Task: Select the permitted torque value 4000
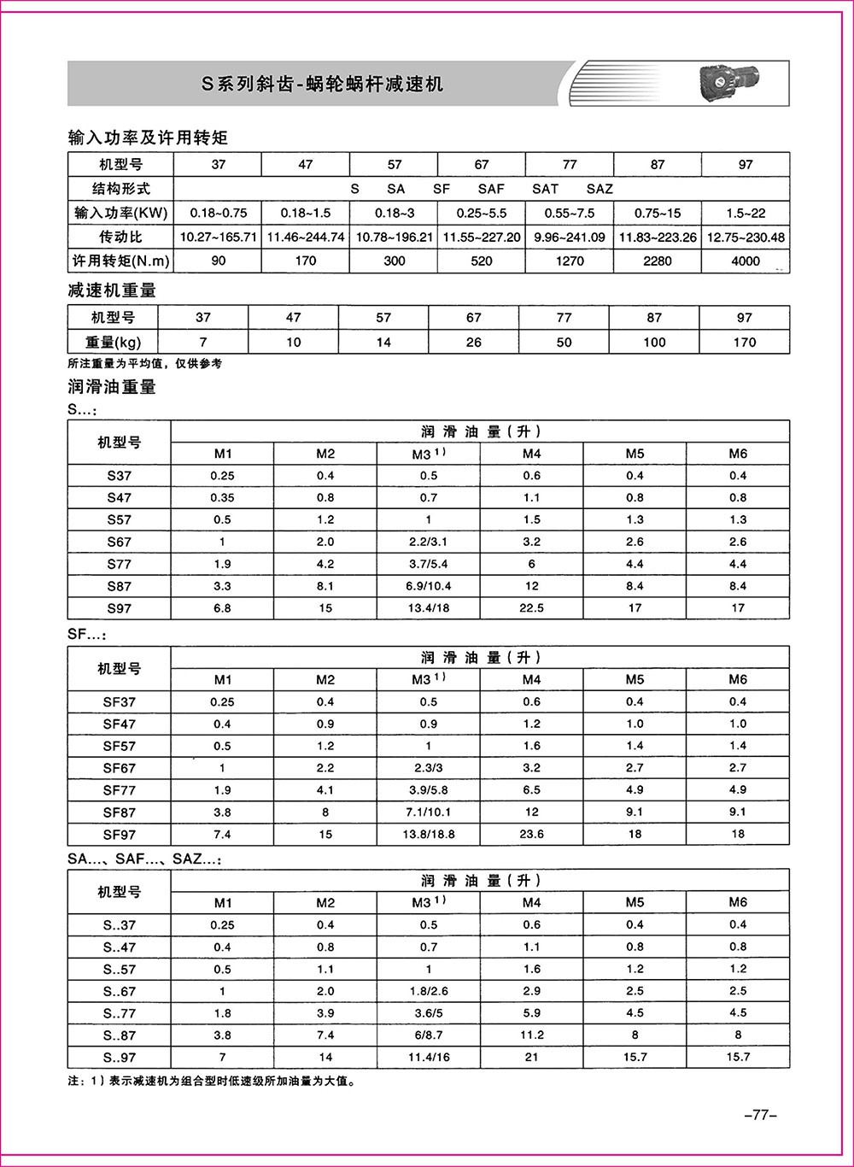coord(745,261)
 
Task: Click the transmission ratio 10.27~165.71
coord(219,237)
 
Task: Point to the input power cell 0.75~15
coord(657,213)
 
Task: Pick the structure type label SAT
coord(545,189)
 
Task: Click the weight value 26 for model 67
coord(473,342)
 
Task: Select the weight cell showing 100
coord(654,342)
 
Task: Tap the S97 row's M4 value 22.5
coord(531,608)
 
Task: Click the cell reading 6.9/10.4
coord(428,586)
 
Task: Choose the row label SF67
coord(120,768)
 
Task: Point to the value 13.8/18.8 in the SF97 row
coord(428,834)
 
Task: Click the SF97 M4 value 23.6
coord(531,834)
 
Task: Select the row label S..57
coord(120,969)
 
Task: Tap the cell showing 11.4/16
coord(428,1057)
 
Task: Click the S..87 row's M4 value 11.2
coord(531,1035)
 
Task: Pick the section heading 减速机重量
coord(112,290)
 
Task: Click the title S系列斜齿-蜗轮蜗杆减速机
coord(322,84)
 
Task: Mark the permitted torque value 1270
coord(570,261)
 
